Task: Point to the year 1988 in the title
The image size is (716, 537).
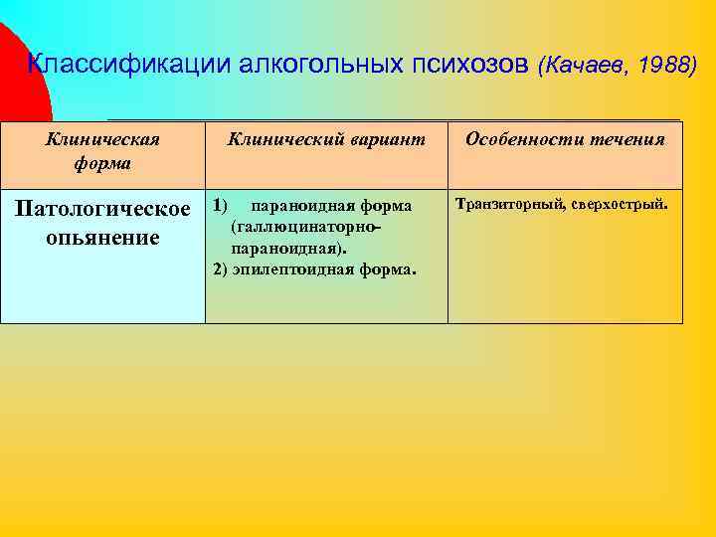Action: click(x=662, y=66)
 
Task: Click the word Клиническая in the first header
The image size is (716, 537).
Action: click(x=102, y=139)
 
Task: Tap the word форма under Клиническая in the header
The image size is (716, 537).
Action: click(x=102, y=161)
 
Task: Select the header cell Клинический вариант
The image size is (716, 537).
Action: click(x=326, y=139)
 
